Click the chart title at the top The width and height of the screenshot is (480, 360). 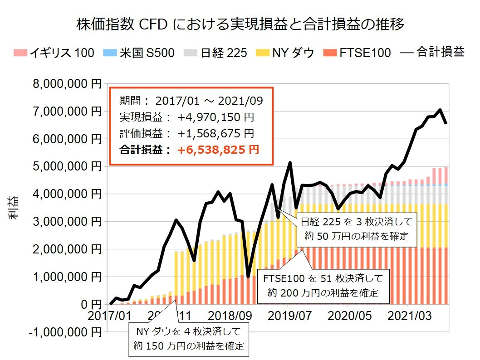pyautogui.click(x=240, y=24)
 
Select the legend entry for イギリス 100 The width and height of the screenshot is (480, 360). pyautogui.click(x=54, y=53)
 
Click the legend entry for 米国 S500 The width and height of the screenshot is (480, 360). pyautogui.click(x=142, y=53)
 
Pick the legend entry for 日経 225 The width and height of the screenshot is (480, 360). pyautogui.click(x=216, y=53)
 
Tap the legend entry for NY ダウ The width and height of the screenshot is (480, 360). pyautogui.click(x=286, y=53)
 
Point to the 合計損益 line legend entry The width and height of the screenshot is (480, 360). pyautogui.click(x=432, y=53)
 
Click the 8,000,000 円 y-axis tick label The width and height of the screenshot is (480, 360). pyautogui.click(x=66, y=84)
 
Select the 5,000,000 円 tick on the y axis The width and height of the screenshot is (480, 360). pyautogui.click(x=66, y=166)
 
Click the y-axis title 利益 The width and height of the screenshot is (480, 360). pyautogui.click(x=13, y=208)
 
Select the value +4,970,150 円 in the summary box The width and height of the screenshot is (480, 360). pyautogui.click(x=216, y=117)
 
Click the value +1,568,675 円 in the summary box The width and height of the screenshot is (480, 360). pyautogui.click(x=216, y=133)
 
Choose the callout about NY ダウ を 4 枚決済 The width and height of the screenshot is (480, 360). pyautogui.click(x=189, y=339)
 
